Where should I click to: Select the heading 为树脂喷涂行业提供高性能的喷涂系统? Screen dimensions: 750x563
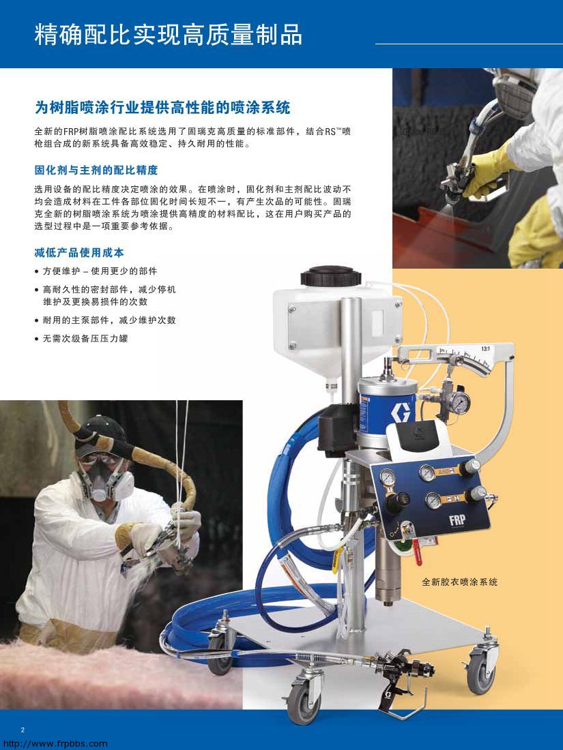pyautogui.click(x=162, y=108)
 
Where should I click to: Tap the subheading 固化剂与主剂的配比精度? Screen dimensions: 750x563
pyautogui.click(x=96, y=170)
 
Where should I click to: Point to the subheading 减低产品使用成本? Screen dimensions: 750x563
pyautogui.click(x=79, y=252)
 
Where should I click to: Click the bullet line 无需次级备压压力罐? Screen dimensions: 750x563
pyautogui.click(x=85, y=338)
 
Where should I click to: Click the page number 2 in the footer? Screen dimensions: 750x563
pyautogui.click(x=23, y=730)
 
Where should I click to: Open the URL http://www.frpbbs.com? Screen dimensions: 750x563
pyautogui.click(x=55, y=744)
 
